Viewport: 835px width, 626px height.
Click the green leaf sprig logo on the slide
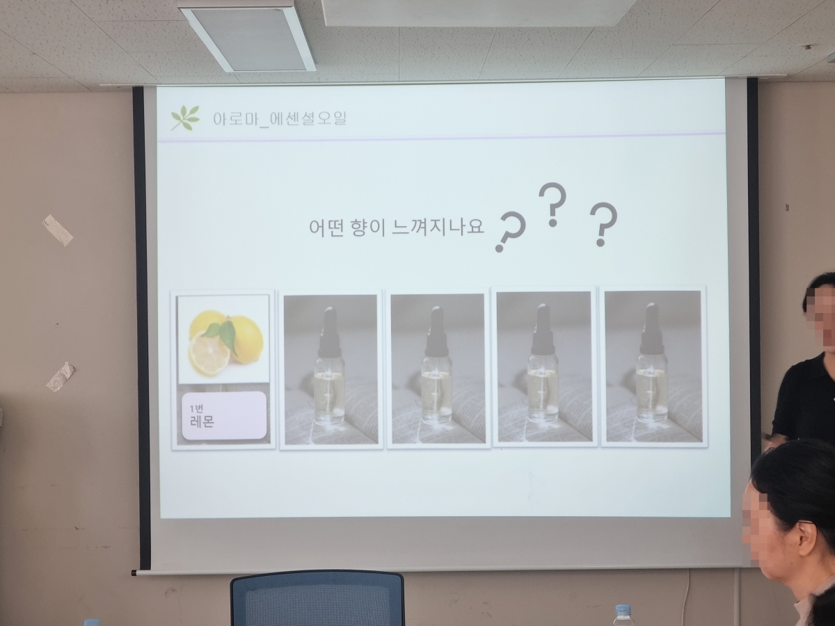pos(185,118)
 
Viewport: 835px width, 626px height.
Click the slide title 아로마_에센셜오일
pos(280,118)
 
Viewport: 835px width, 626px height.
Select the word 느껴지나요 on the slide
pos(438,227)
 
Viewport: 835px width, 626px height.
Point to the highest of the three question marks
pos(552,204)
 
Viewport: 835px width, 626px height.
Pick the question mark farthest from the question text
pos(603,224)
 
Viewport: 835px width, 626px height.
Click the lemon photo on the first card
pos(223,339)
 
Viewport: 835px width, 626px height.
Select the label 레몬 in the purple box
pos(202,422)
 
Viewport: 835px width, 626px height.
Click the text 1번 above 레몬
pos(196,408)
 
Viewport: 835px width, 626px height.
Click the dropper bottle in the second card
pos(330,366)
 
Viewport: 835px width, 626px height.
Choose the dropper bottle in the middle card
pos(437,365)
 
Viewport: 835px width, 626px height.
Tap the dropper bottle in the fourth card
pos(543,363)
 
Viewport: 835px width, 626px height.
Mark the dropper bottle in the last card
pos(652,363)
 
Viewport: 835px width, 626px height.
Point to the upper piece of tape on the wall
pos(58,230)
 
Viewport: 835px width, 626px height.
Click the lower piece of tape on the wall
pos(61,377)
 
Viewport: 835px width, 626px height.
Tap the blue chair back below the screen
pos(317,599)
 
